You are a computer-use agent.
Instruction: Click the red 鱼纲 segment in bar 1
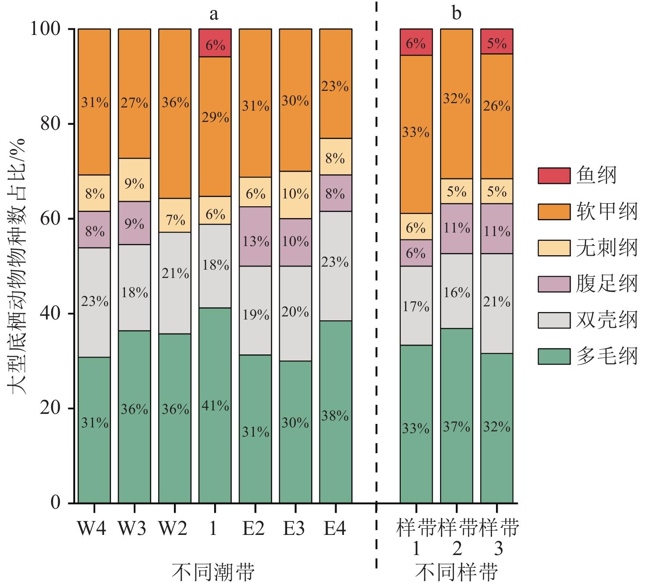coord(215,43)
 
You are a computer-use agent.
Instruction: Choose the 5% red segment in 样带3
coord(497,42)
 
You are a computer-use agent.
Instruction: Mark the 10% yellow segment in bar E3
coord(295,195)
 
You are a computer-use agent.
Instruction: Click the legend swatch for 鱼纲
coord(554,176)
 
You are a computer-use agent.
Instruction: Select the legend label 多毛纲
coord(607,357)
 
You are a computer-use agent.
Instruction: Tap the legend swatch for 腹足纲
coord(554,284)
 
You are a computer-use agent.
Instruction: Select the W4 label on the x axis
coord(92,529)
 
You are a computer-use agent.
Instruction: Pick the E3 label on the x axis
coord(294,529)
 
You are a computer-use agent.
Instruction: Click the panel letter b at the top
coord(456,14)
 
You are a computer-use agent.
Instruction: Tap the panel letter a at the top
coord(214,14)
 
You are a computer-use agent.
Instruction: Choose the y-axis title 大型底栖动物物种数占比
coord(17,267)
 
